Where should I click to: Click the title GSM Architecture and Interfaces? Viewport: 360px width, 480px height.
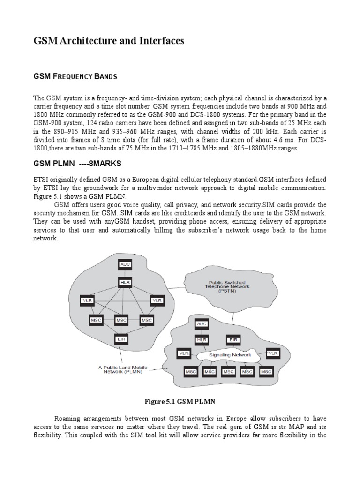pos(109,41)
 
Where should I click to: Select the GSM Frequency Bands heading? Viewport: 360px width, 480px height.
pos(75,76)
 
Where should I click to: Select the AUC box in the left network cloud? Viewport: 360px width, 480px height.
pos(125,265)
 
